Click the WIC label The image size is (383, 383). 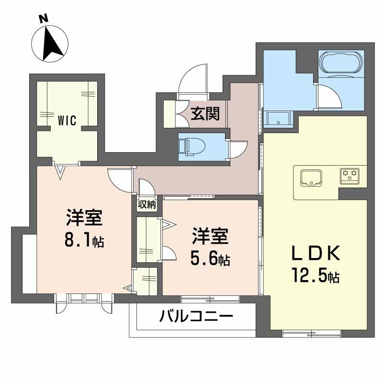click(x=67, y=121)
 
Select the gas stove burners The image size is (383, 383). click(x=350, y=175)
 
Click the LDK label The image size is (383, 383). click(x=316, y=253)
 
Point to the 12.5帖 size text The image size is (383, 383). click(x=316, y=276)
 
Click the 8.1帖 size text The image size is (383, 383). click(x=84, y=240)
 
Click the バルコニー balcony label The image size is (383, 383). click(x=196, y=316)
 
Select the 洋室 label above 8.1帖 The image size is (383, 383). click(x=84, y=219)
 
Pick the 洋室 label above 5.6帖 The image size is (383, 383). click(x=210, y=237)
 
